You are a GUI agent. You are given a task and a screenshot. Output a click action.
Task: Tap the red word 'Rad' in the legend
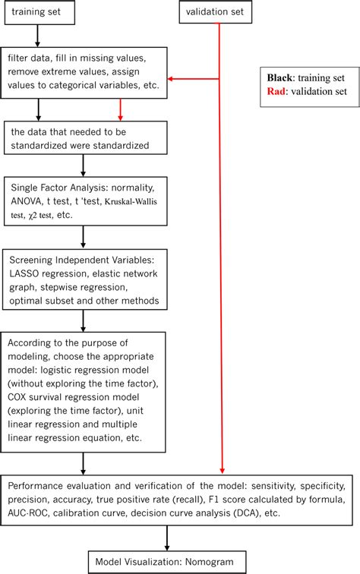(277, 91)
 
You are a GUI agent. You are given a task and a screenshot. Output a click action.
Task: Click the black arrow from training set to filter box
(36, 35)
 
